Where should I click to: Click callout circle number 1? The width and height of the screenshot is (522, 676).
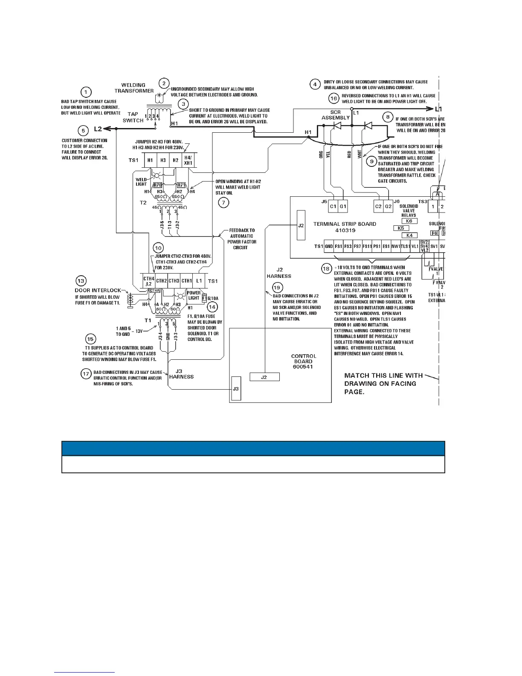coord(86,92)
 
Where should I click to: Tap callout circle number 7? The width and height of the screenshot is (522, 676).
coord(223,203)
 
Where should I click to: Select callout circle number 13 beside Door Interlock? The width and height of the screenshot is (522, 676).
coord(81,281)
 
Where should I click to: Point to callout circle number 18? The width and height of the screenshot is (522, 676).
coord(326,269)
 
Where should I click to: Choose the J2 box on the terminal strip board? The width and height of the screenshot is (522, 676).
coord(301,225)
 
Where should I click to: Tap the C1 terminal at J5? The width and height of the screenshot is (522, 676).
coord(333,207)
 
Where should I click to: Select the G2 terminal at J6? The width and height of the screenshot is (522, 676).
coord(388,207)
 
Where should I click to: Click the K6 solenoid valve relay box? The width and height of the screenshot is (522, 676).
coord(409,221)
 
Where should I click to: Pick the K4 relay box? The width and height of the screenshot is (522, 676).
coord(409,235)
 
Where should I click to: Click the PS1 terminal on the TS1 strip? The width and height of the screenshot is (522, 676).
coord(377,246)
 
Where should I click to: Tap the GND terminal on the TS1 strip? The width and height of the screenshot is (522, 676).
coord(329,246)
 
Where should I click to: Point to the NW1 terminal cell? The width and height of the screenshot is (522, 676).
coord(396,246)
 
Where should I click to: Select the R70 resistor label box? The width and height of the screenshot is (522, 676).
coord(157,185)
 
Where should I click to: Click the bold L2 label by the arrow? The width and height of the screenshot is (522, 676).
coord(98,128)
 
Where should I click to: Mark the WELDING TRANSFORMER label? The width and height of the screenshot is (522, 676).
coord(134,88)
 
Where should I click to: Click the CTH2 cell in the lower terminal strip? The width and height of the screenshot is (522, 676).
coord(161,281)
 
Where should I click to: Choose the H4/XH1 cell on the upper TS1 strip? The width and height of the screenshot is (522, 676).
coord(188,160)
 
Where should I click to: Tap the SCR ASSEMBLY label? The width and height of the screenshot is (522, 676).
coord(336,115)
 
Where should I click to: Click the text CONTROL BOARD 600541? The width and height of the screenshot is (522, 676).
coord(303,361)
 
